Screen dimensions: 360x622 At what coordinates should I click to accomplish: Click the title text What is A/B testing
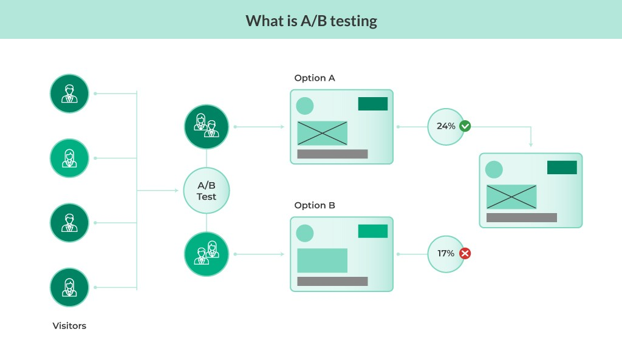[x=311, y=21]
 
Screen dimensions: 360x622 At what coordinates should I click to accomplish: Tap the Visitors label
[x=69, y=326]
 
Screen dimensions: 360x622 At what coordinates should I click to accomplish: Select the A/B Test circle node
[x=207, y=191]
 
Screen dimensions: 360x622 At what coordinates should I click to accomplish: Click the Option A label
[x=314, y=78]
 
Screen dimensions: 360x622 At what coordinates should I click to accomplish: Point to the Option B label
[x=314, y=206]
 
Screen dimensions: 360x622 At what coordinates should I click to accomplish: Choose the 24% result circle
[x=445, y=126]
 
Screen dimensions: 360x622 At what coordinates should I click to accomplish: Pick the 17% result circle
[x=445, y=253]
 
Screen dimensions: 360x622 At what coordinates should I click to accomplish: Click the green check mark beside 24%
[x=465, y=126]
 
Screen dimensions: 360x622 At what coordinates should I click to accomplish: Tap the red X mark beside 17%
[x=465, y=253]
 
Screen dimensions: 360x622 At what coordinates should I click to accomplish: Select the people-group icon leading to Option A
[x=207, y=126]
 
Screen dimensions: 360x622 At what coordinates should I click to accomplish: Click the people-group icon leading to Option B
[x=207, y=254]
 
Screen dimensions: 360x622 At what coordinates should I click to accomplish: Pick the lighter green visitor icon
[x=69, y=158]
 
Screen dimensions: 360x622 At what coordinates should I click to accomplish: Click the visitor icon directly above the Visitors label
[x=69, y=287]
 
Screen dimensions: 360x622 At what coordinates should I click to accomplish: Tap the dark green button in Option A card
[x=372, y=104]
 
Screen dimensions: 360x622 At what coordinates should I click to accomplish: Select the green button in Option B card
[x=372, y=231]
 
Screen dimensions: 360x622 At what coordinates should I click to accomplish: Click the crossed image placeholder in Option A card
[x=322, y=133]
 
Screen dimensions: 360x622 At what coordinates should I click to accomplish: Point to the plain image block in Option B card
[x=322, y=260]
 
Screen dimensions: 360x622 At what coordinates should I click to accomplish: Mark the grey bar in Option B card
[x=332, y=281]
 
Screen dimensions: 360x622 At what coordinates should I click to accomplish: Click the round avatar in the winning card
[x=494, y=169]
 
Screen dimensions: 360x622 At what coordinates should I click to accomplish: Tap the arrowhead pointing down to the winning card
[x=531, y=144]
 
